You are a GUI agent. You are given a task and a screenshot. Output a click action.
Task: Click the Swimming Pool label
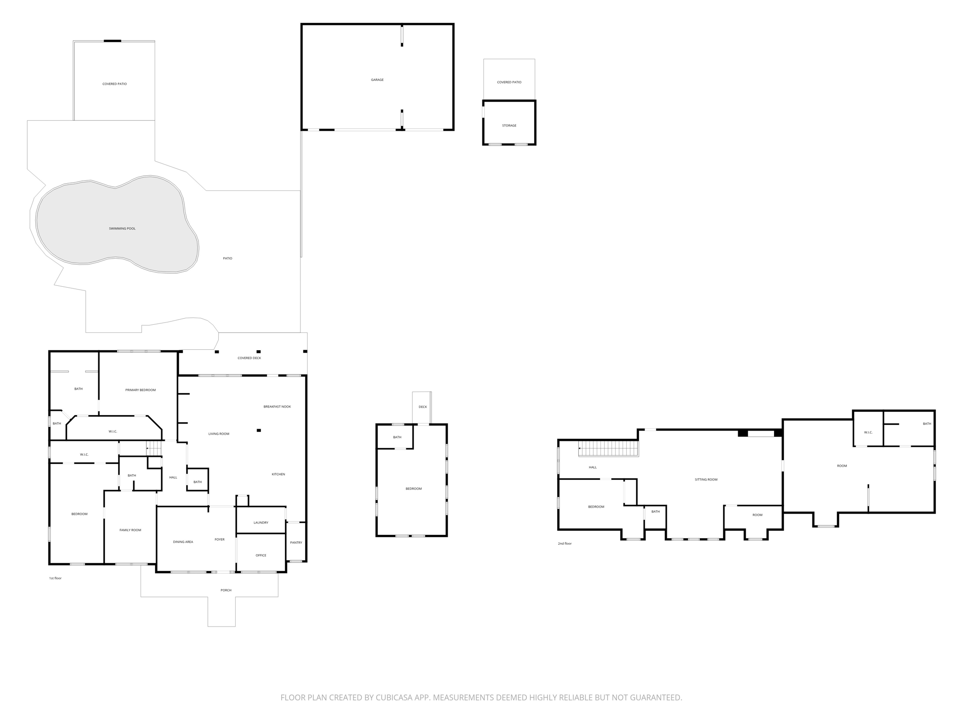click(122, 228)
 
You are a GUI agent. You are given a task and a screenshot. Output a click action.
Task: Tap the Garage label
click(377, 80)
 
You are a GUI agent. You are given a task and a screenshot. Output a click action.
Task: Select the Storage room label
click(509, 126)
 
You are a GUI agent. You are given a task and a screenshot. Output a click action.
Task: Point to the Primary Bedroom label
click(140, 390)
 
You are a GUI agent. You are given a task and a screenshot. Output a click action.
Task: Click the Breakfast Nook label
click(277, 407)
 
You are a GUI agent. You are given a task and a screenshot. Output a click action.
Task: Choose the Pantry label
click(296, 542)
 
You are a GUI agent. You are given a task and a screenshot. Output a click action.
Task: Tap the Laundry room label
click(261, 523)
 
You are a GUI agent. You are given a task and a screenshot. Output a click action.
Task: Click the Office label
click(261, 555)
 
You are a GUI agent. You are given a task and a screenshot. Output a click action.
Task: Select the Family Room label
click(130, 530)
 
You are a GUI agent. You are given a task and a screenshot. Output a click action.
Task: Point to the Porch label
click(226, 590)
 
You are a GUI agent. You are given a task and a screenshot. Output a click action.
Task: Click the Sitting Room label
click(706, 479)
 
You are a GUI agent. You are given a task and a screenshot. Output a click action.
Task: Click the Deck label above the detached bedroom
click(423, 407)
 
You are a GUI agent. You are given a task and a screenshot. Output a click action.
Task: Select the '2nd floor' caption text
click(565, 543)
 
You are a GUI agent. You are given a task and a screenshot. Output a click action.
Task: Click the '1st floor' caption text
click(55, 578)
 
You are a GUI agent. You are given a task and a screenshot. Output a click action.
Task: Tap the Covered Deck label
click(249, 358)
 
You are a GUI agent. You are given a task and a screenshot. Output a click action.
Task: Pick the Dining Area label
click(183, 542)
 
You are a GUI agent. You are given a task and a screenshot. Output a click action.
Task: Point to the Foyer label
click(220, 540)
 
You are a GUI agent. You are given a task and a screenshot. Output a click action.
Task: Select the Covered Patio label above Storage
click(509, 82)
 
